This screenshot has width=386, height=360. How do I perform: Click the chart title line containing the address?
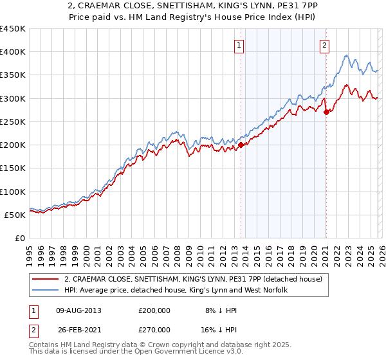tap(193, 6)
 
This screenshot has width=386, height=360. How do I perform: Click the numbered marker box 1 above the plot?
tap(239, 45)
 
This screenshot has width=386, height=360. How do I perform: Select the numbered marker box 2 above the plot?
tap(325, 45)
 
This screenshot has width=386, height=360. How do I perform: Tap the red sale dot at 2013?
tap(241, 145)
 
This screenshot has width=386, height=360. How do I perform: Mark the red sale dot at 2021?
tap(326, 112)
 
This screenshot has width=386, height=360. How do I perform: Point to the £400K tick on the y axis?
tap(13, 52)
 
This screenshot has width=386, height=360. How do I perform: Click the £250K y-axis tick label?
tap(13, 122)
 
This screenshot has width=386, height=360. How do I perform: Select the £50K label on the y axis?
tap(15, 215)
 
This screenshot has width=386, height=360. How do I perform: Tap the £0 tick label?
tap(21, 238)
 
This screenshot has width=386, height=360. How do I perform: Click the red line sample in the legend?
tap(44, 279)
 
